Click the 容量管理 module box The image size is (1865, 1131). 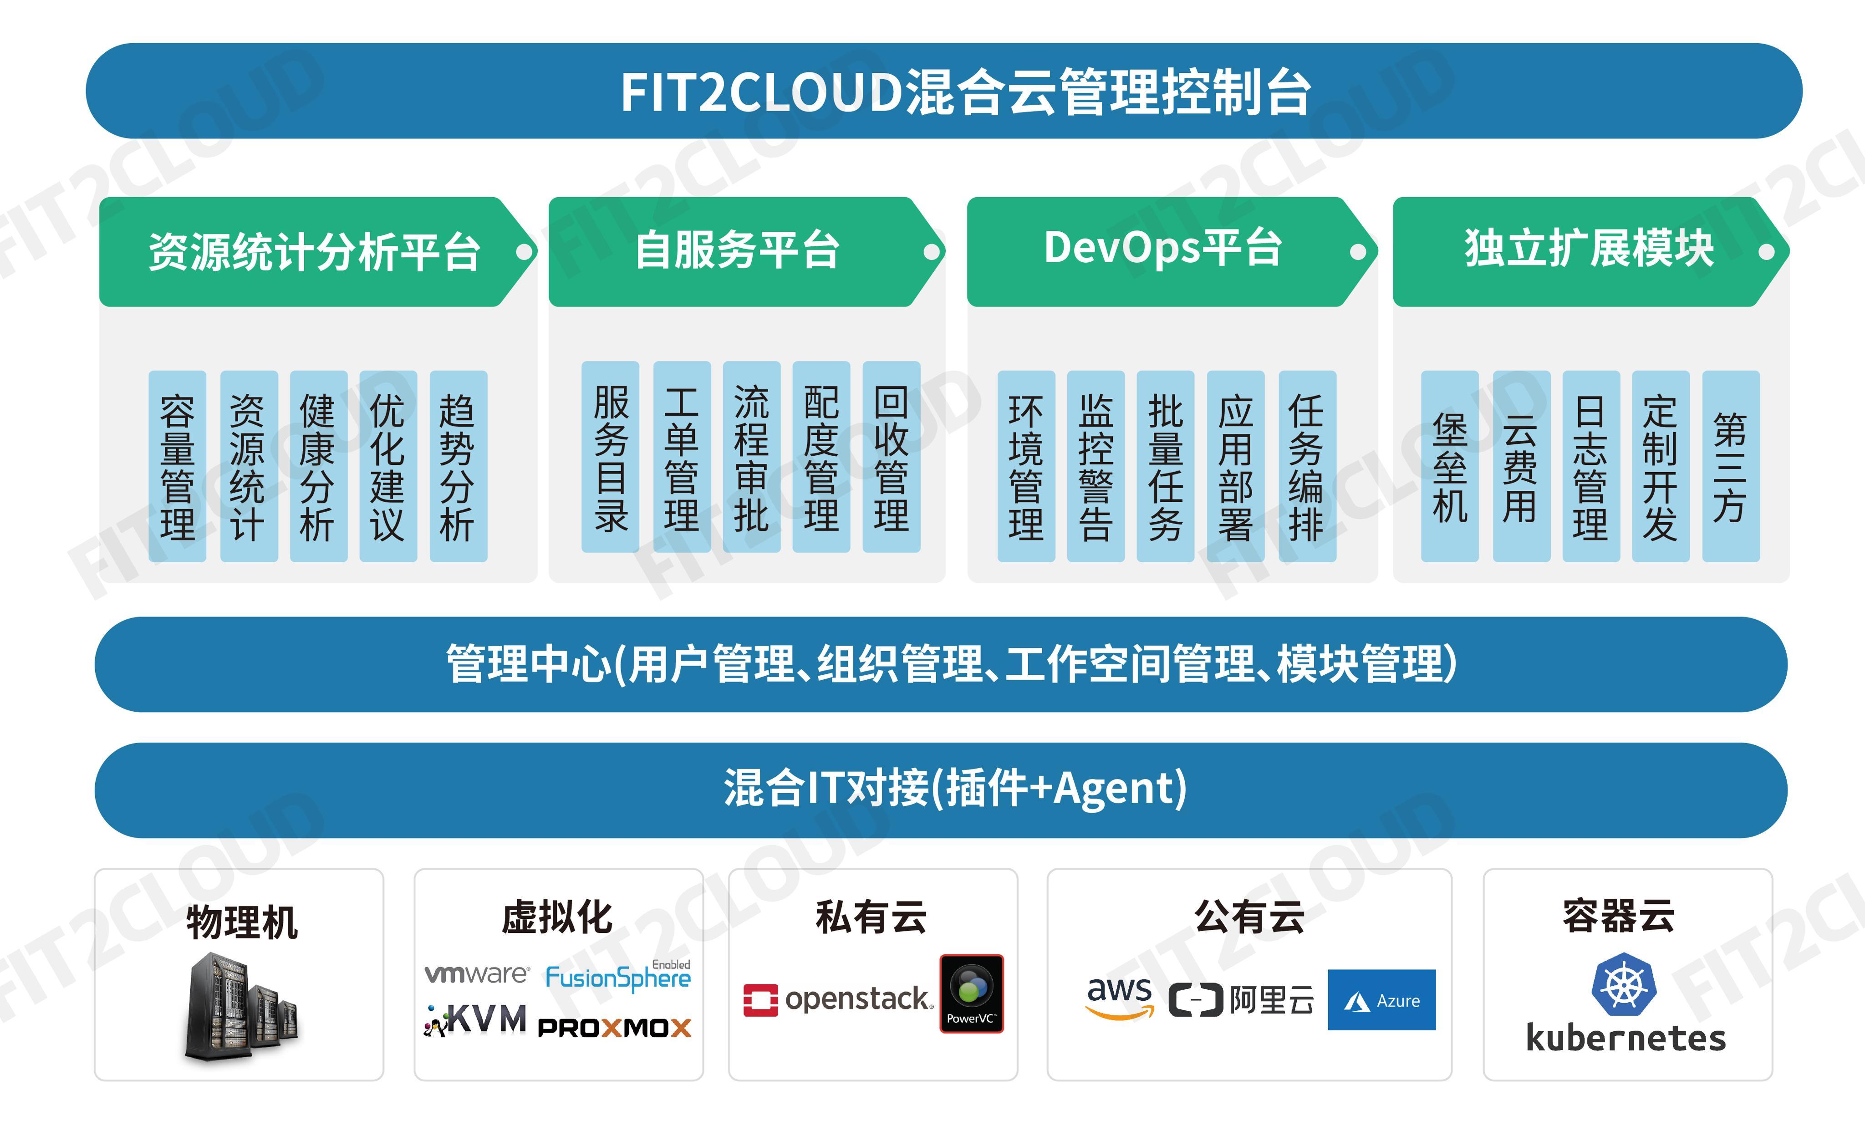(177, 466)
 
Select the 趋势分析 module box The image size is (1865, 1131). (458, 466)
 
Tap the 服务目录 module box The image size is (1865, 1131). (610, 457)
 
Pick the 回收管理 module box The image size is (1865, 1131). (891, 457)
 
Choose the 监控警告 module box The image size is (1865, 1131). (1095, 466)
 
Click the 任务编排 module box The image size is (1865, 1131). (1306, 466)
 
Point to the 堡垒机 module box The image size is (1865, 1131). (1449, 466)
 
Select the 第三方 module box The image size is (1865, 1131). (1730, 466)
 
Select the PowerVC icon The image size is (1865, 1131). (971, 993)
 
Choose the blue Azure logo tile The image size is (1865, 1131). (1381, 999)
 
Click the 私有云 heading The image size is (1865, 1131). (871, 917)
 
